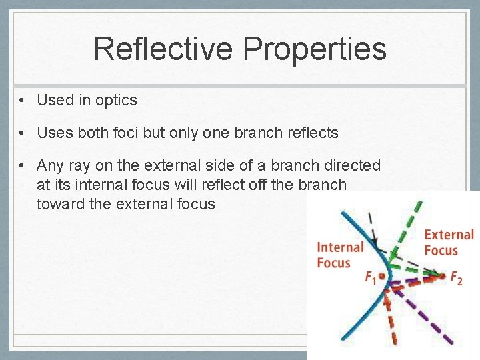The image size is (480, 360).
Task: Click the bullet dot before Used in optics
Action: pos(23,101)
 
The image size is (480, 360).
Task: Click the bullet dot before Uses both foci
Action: pos(23,133)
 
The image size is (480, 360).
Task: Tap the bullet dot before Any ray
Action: pos(23,165)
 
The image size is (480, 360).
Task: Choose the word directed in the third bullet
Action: pos(352,165)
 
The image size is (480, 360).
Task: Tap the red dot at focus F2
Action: pos(442,275)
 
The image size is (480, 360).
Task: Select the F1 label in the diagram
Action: pos(370,278)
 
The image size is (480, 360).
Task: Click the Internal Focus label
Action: pos(339,255)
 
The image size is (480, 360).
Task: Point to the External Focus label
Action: pos(449,242)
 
